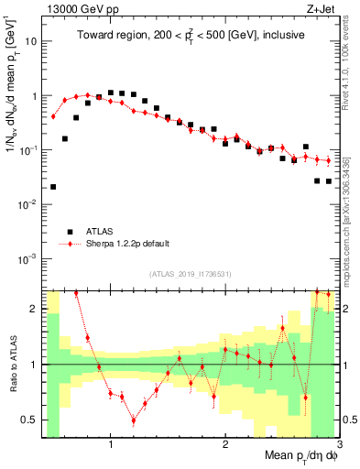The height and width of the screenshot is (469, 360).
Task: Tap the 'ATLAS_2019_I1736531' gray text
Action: coord(191,274)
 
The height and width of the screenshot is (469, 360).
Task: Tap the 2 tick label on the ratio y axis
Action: coord(34,309)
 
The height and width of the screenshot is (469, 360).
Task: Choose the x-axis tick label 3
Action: coord(339,446)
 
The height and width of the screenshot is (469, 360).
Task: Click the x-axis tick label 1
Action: coord(111,446)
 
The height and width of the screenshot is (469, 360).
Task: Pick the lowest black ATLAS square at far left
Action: coord(53,187)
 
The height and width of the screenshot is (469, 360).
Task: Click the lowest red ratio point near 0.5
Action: coord(134,420)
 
